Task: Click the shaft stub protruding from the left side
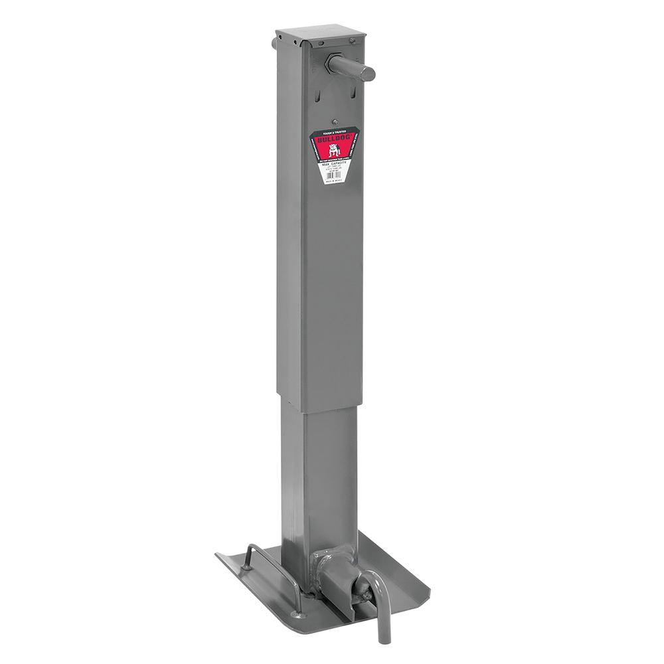coord(274,44)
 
